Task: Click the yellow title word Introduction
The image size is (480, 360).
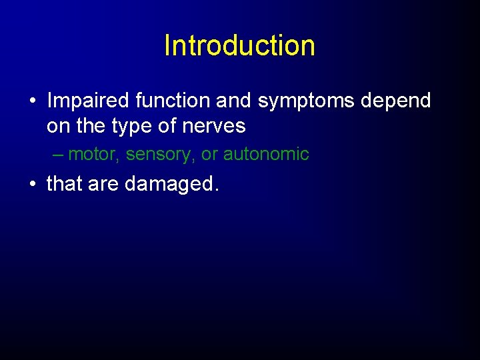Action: coord(239,45)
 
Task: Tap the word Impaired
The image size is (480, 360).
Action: coord(88,101)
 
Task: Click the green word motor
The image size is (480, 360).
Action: coord(93,155)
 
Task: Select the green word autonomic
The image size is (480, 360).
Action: coord(266,155)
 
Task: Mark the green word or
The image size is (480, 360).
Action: coord(209,155)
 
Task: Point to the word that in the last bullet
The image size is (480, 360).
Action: coord(64,183)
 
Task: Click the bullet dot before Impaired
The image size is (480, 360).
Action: coord(32,102)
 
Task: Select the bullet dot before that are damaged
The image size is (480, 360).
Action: coord(32,184)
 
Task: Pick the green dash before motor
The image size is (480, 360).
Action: coord(58,155)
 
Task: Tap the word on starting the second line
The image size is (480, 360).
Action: coord(57,126)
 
